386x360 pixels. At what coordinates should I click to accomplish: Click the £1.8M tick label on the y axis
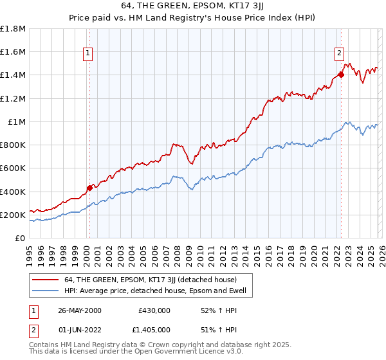13,29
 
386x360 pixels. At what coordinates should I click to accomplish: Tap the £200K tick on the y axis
13,215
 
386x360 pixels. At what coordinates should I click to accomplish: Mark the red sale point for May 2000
89,188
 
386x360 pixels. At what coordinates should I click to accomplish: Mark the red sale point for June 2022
341,75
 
